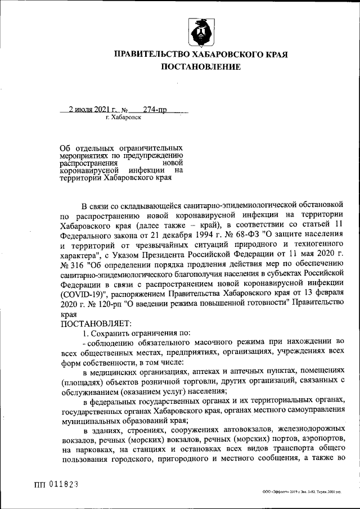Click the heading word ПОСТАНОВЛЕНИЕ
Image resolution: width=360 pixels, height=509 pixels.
[201, 67]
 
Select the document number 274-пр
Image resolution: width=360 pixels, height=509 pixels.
[155, 110]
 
